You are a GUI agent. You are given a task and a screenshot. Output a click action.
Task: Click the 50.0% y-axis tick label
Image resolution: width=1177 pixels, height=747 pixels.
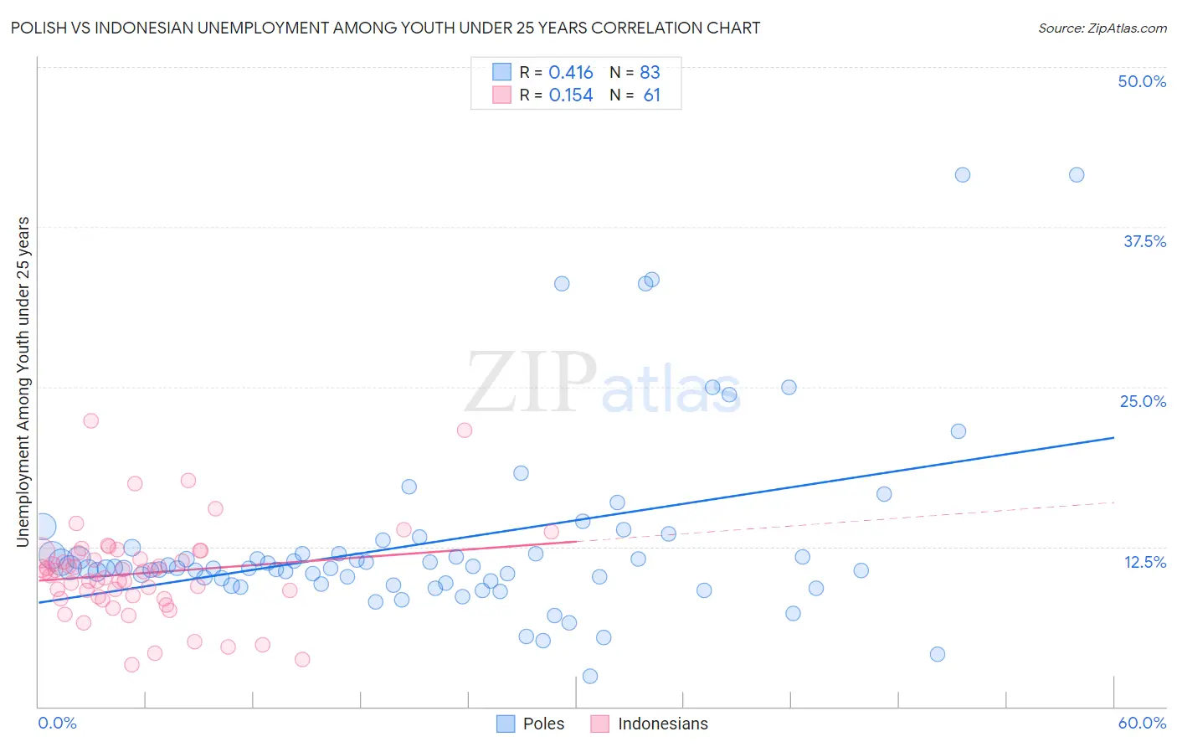[x=1142, y=81]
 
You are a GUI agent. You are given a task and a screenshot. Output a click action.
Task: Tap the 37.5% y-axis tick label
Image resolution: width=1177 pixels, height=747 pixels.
[x=1144, y=241]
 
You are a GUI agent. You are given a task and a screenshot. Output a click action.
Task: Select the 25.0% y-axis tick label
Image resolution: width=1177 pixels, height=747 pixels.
[x=1143, y=401]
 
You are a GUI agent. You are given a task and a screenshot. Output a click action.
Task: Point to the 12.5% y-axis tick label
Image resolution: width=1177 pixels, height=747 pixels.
[x=1144, y=561]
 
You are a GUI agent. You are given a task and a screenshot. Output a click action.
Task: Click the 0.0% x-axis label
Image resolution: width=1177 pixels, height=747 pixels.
[x=57, y=723]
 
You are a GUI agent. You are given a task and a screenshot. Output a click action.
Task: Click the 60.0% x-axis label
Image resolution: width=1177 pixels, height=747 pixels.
[x=1142, y=723]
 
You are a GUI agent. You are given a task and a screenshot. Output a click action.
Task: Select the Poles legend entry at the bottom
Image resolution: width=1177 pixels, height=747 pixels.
[x=531, y=724]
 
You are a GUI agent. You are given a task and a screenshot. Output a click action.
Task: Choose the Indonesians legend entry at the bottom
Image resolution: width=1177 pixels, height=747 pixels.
[x=650, y=724]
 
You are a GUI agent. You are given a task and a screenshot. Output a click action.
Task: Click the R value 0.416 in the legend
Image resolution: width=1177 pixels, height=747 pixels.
[x=571, y=73]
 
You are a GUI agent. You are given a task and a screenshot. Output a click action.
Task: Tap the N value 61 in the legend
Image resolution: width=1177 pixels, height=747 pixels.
[x=652, y=95]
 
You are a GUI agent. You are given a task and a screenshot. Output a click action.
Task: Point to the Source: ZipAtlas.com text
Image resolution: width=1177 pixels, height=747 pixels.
[x=1102, y=28]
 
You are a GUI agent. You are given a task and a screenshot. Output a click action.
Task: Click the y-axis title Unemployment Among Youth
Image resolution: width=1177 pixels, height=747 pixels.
[x=23, y=381]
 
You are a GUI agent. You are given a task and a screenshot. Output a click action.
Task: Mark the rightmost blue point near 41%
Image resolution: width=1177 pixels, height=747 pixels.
[x=1077, y=175]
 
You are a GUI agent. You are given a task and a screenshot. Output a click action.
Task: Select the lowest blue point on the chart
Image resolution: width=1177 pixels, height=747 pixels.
[x=590, y=676]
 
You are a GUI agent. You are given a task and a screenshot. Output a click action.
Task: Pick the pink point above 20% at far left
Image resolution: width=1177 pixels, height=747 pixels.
[x=90, y=420]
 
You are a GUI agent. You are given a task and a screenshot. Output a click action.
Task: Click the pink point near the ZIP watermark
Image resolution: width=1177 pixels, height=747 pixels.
[x=465, y=430]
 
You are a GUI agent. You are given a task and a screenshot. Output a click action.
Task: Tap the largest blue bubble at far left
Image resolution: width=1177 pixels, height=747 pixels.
[x=43, y=526]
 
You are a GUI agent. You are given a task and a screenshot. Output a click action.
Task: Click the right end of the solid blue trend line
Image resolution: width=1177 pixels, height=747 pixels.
[x=1113, y=437]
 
